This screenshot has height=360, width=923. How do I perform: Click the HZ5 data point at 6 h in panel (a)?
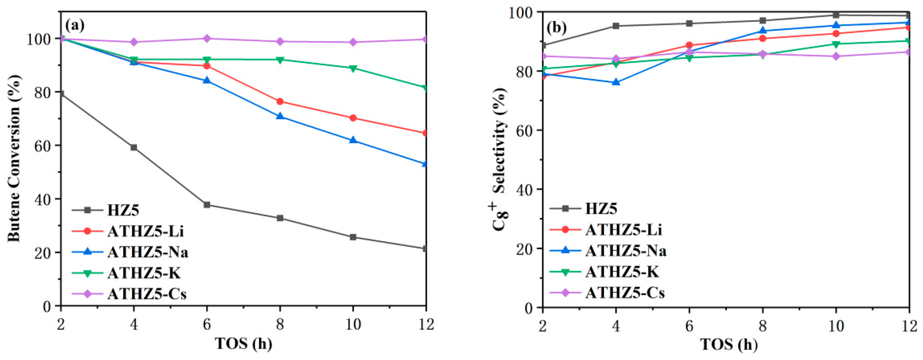pyautogui.click(x=207, y=205)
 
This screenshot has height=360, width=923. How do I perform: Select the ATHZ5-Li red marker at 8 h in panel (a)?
pyautogui.click(x=280, y=102)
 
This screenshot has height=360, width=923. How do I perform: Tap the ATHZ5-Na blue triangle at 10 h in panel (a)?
pyautogui.click(x=353, y=140)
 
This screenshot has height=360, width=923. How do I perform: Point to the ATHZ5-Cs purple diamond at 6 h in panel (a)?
pyautogui.click(x=207, y=38)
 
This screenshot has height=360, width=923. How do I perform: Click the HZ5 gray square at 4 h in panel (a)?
pyautogui.click(x=134, y=147)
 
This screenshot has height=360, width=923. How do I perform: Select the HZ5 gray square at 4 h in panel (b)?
pyautogui.click(x=616, y=26)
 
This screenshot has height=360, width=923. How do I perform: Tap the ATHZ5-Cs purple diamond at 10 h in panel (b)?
pyautogui.click(x=836, y=56)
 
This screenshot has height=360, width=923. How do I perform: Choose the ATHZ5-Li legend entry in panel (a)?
pyautogui.click(x=145, y=231)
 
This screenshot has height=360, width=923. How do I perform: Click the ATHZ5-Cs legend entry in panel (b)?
pyautogui.click(x=625, y=293)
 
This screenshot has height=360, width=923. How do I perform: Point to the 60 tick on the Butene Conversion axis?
pyautogui.click(x=47, y=145)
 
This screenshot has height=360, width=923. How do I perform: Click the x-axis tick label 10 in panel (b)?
pyautogui.click(x=836, y=326)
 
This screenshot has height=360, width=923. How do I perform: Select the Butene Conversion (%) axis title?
pyautogui.click(x=14, y=158)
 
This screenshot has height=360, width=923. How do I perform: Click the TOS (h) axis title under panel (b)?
pyautogui.click(x=729, y=344)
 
